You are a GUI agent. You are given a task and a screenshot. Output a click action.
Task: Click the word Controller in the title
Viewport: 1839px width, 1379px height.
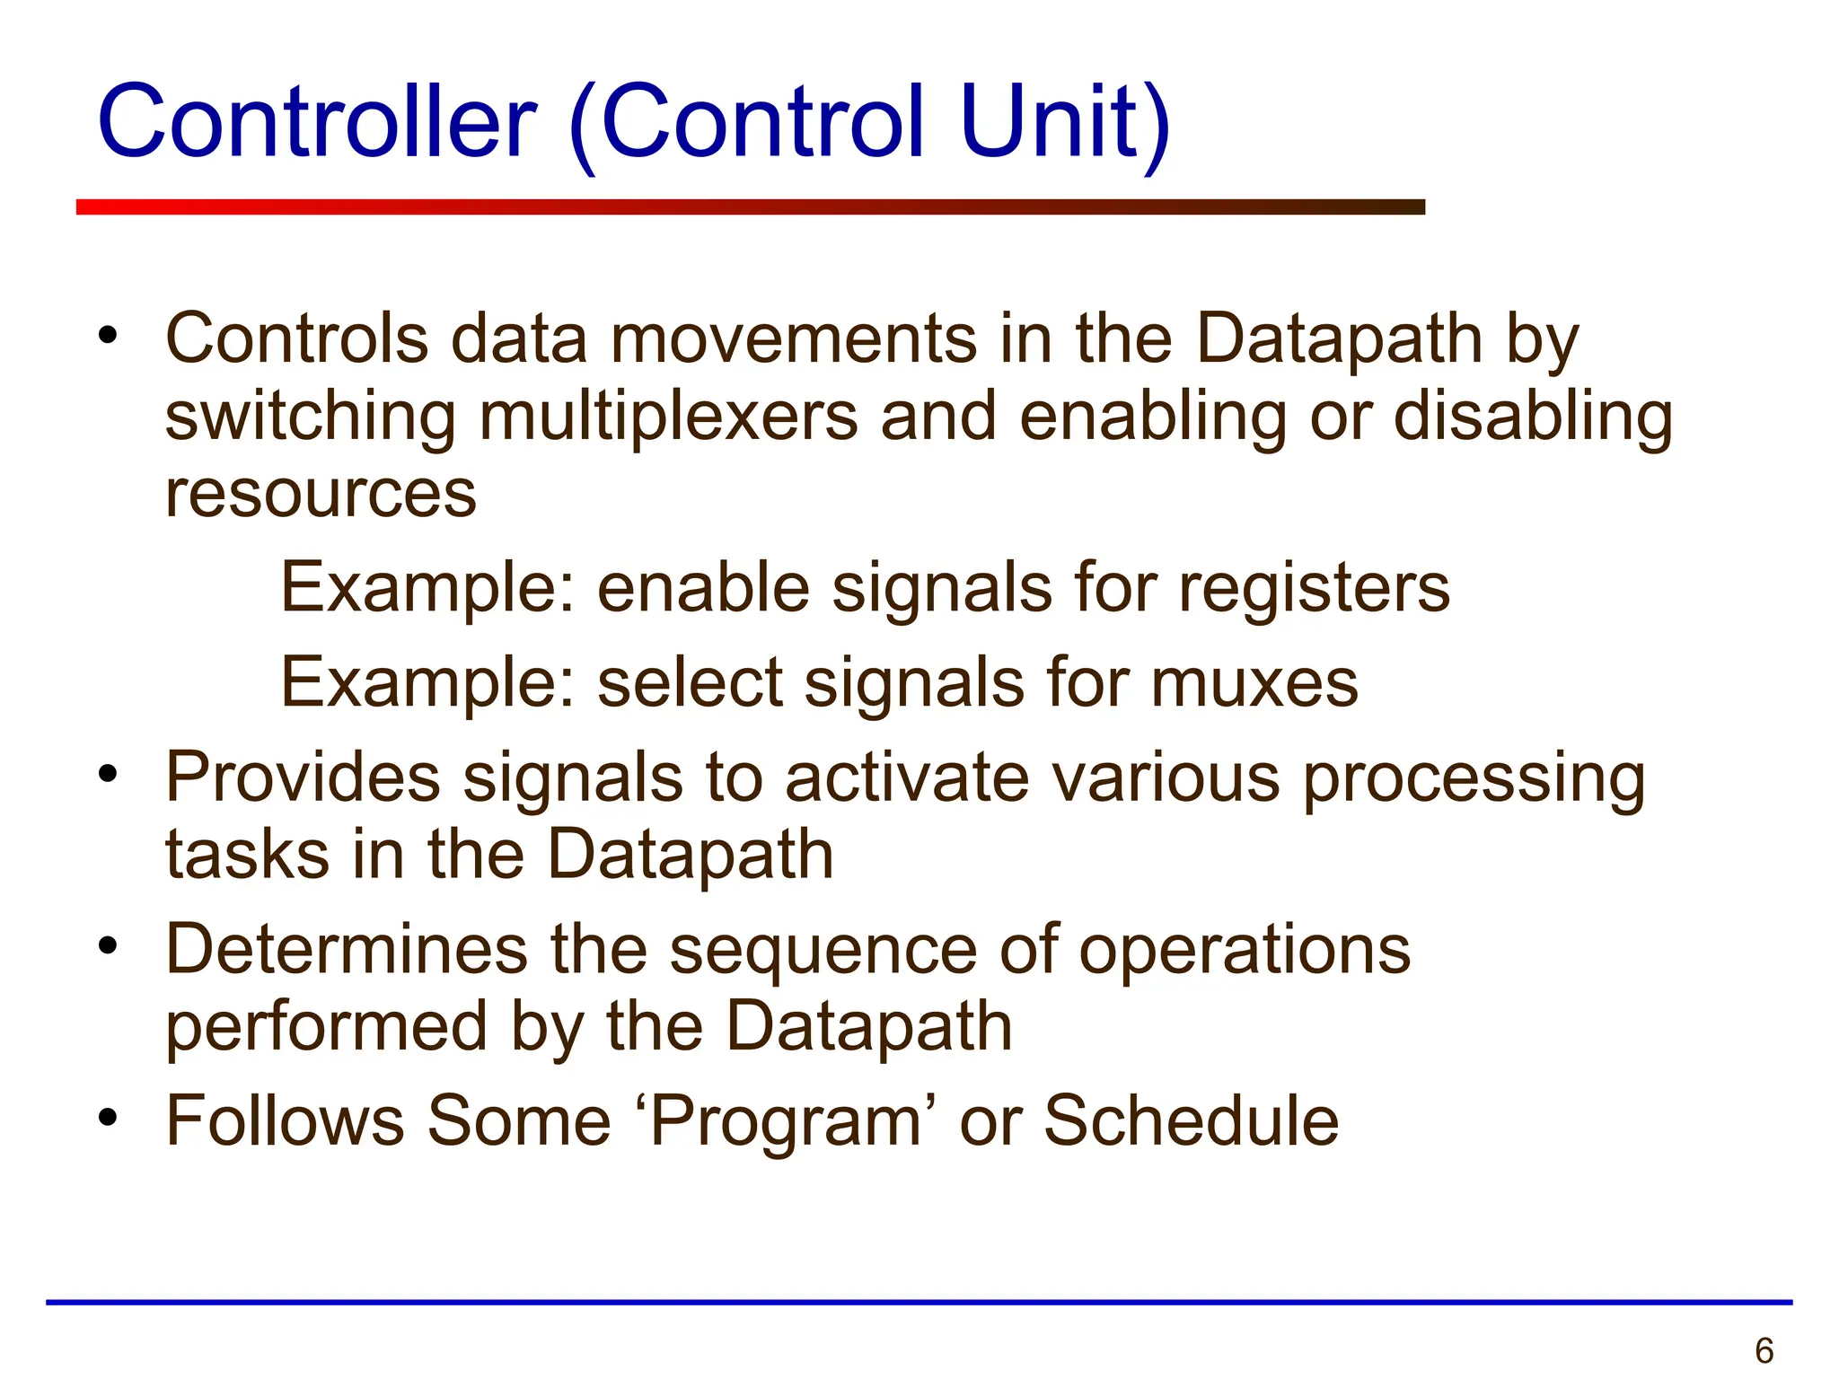316,122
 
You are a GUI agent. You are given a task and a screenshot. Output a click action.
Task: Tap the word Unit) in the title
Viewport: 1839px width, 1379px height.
1064,122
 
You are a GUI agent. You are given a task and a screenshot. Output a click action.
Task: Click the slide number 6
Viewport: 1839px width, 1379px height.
1764,1350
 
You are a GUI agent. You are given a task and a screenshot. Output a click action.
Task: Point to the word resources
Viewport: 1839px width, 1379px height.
321,495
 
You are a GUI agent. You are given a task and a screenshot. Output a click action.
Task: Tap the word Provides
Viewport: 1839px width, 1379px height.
303,777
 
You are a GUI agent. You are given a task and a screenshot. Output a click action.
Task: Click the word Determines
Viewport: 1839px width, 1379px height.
347,950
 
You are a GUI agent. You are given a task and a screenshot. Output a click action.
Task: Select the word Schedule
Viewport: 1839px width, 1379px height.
1191,1121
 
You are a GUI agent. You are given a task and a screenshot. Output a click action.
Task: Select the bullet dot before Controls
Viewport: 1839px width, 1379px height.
109,336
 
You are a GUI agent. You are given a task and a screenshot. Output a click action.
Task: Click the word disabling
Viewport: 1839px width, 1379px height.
1533,417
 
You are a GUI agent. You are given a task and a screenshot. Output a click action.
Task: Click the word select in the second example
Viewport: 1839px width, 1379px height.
691,683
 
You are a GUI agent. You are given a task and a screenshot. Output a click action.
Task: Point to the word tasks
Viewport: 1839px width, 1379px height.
248,855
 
